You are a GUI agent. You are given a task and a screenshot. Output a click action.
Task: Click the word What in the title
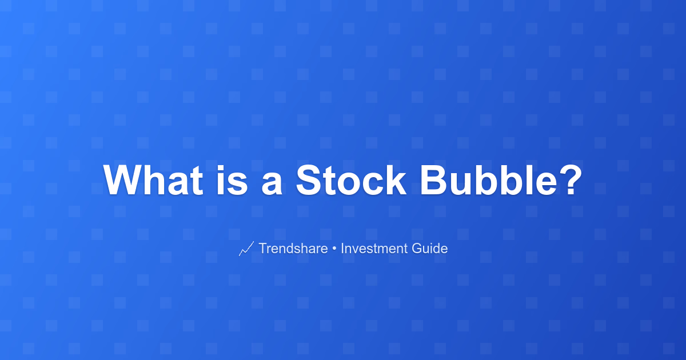[x=153, y=180]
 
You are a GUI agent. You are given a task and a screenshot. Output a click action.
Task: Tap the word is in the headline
[x=232, y=180]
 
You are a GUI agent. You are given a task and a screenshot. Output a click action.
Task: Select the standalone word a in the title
[x=272, y=183]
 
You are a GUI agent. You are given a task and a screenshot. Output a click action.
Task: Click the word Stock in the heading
[x=351, y=180]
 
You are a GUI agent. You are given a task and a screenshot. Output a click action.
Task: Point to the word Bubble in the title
[x=489, y=180]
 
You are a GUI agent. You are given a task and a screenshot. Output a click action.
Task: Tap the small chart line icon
[x=246, y=248]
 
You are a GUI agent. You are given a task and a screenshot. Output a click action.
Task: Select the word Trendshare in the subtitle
[x=293, y=248]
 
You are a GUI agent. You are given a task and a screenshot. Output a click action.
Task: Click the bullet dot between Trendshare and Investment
[x=334, y=249]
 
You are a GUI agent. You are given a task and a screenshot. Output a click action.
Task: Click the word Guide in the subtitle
[x=430, y=248]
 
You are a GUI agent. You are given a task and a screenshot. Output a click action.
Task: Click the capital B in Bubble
[x=434, y=180]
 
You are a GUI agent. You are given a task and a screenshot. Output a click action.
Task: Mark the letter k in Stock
[x=395, y=180]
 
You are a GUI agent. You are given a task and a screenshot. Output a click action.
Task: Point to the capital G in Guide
[x=417, y=248]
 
